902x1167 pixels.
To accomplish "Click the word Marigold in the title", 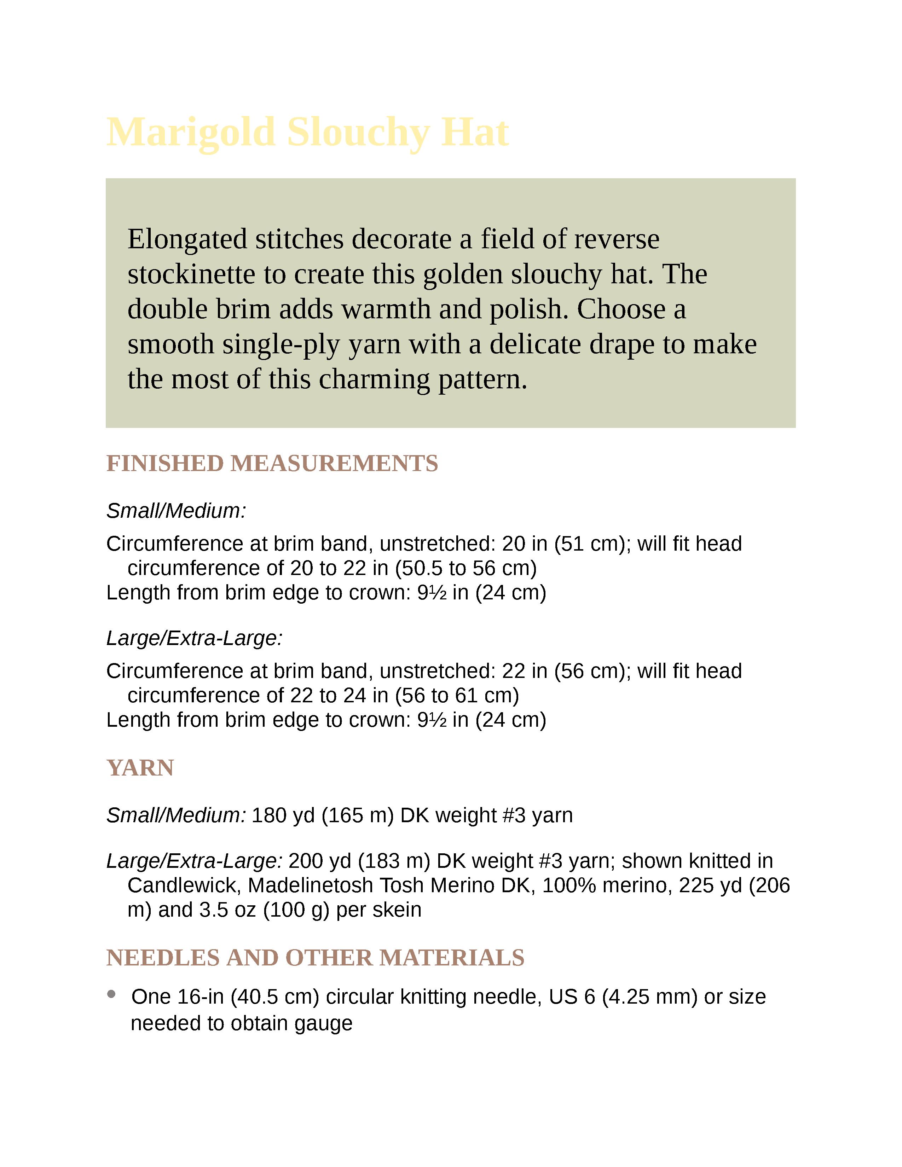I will pyautogui.click(x=191, y=133).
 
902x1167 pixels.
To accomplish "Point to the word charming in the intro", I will pyautogui.click(x=374, y=379).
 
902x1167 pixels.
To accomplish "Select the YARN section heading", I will pyautogui.click(x=140, y=768).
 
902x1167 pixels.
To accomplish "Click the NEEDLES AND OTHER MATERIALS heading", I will pyautogui.click(x=315, y=958).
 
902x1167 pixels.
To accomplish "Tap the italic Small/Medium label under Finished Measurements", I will pyautogui.click(x=176, y=511).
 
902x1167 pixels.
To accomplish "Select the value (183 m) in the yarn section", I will pyautogui.click(x=394, y=861).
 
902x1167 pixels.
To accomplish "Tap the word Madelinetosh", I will pyautogui.click(x=311, y=886).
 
